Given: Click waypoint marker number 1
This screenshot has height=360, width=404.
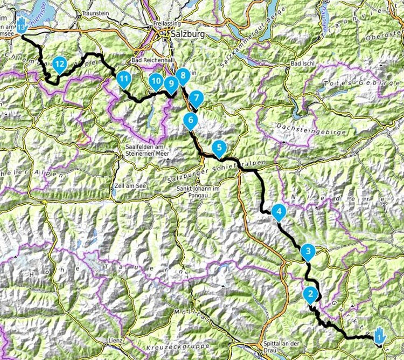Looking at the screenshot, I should [379, 335].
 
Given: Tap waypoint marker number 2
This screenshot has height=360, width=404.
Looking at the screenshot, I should [310, 294].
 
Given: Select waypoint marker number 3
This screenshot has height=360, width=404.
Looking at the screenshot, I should [308, 251].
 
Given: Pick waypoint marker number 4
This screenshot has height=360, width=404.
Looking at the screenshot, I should [278, 212].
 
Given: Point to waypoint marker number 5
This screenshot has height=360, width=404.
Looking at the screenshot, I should [219, 146].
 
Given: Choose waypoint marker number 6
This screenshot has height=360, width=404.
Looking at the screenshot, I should [190, 120].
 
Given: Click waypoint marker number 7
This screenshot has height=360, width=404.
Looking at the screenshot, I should [196, 99].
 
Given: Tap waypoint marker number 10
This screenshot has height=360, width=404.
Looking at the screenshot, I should [156, 81].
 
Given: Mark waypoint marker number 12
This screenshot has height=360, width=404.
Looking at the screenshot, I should [59, 64].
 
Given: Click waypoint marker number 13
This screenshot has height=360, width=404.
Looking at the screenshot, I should [21, 25].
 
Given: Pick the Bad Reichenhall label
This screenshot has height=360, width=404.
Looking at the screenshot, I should [151, 60].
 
